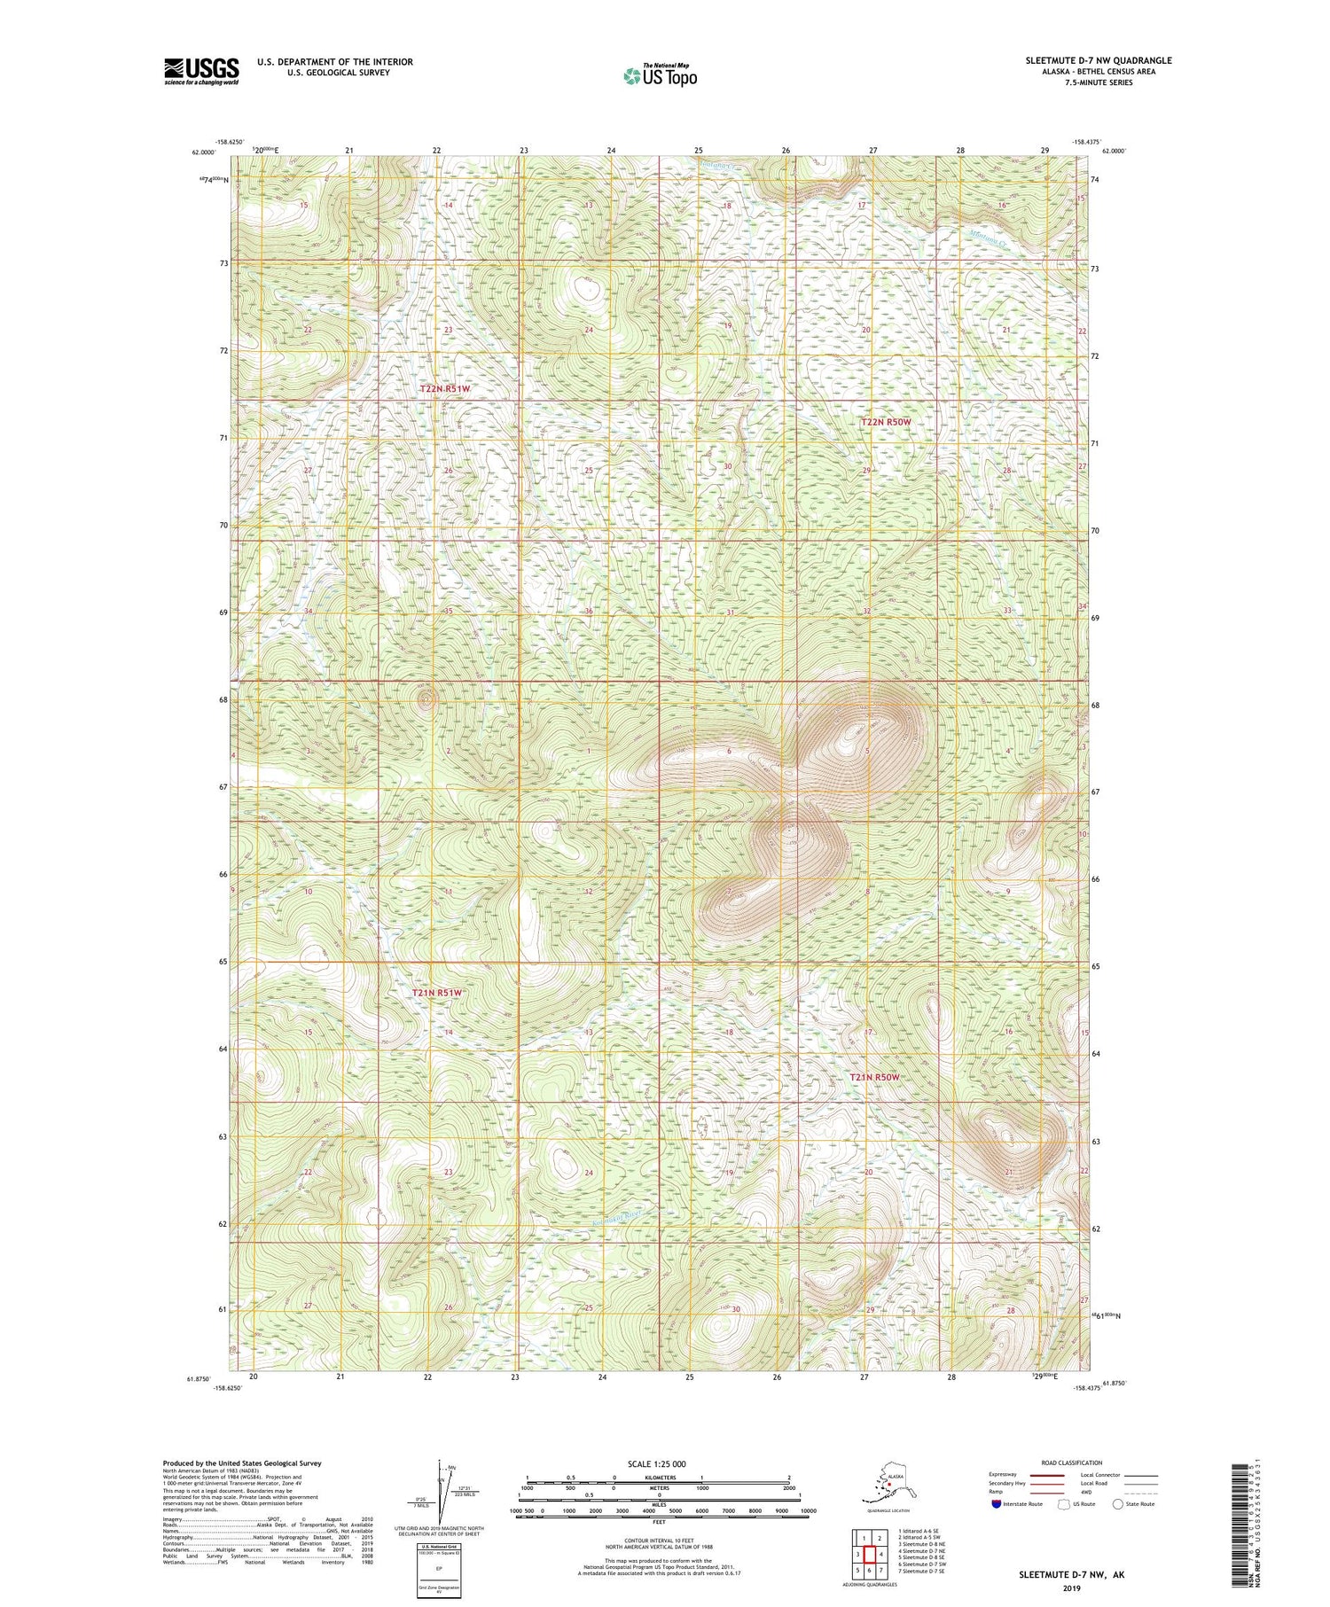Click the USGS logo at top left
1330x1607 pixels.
201,71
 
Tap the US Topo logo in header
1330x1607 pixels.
661,75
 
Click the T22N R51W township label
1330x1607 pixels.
445,388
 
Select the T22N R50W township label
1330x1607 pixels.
886,423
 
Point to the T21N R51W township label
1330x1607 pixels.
437,994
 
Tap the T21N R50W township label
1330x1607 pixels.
874,1077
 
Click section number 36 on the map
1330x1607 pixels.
589,612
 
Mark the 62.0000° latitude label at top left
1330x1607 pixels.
203,152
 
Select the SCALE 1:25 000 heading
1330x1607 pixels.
656,1463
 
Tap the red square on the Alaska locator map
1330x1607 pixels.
889,1486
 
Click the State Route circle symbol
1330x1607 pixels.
1118,1504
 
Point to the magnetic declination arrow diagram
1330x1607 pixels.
441,1494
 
